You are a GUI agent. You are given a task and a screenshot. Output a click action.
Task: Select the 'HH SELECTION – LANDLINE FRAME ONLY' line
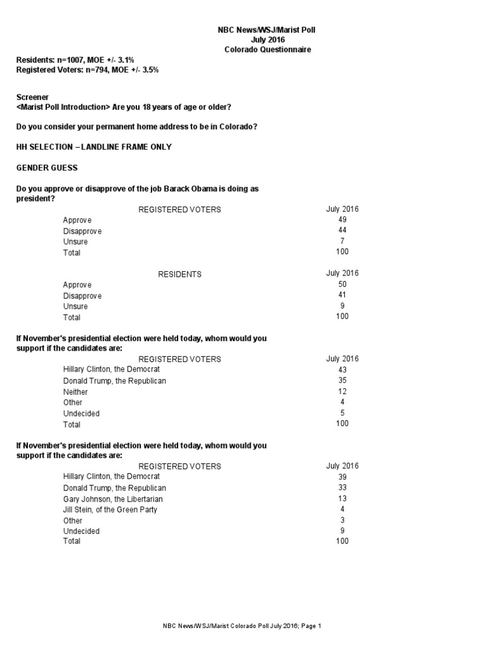pos(93,147)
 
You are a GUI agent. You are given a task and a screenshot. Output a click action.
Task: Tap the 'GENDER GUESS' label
pos(46,169)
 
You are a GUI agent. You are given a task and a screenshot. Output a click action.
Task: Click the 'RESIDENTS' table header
pos(179,274)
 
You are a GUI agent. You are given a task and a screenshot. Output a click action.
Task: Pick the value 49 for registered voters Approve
pos(342,220)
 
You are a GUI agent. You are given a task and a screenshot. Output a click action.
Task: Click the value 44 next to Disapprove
pos(342,231)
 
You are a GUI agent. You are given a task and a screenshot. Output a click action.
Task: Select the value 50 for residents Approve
pos(342,285)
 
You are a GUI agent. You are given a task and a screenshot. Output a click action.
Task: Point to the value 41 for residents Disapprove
pos(342,295)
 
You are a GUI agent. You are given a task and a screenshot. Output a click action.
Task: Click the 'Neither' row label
pos(76,392)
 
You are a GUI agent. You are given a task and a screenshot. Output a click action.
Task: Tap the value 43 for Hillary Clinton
pos(342,370)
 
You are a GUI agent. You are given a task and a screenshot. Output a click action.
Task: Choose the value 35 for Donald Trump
pos(342,381)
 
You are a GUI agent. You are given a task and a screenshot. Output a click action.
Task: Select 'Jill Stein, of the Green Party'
pos(111,509)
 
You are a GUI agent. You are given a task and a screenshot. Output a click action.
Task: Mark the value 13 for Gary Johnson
pos(342,499)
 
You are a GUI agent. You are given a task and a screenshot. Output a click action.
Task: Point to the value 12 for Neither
pos(342,392)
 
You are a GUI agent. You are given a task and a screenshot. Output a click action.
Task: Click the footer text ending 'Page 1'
pos(242,626)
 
